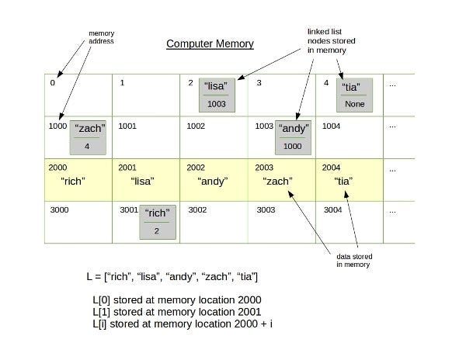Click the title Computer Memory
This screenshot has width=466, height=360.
click(x=210, y=43)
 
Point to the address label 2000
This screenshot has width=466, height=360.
click(x=58, y=167)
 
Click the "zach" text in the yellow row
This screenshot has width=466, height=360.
click(x=278, y=182)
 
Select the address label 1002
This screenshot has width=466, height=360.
click(x=197, y=124)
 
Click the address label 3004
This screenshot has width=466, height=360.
click(x=332, y=209)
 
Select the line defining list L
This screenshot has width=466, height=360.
click(x=172, y=277)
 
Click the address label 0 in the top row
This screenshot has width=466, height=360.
click(x=52, y=83)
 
